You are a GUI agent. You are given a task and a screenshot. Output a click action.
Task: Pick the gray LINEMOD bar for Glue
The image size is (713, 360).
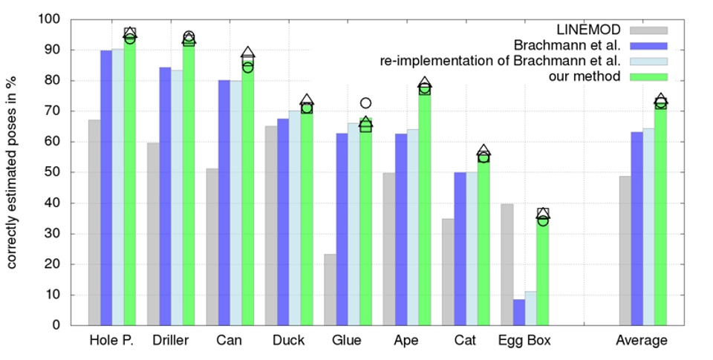(x=330, y=289)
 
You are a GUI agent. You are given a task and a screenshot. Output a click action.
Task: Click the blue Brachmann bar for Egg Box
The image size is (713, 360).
(x=518, y=312)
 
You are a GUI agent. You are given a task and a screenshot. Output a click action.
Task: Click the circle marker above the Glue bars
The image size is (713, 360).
(x=365, y=103)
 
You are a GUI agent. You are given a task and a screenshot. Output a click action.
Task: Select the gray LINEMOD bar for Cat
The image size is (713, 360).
(x=447, y=272)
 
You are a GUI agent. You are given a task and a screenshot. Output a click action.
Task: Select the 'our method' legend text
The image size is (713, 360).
(x=586, y=76)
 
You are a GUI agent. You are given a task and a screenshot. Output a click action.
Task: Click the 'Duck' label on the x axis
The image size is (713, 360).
(x=288, y=341)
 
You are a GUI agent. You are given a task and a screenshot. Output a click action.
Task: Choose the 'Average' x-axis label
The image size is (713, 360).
(x=642, y=341)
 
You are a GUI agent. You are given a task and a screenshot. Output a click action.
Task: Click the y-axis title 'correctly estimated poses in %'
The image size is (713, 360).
(x=13, y=172)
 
